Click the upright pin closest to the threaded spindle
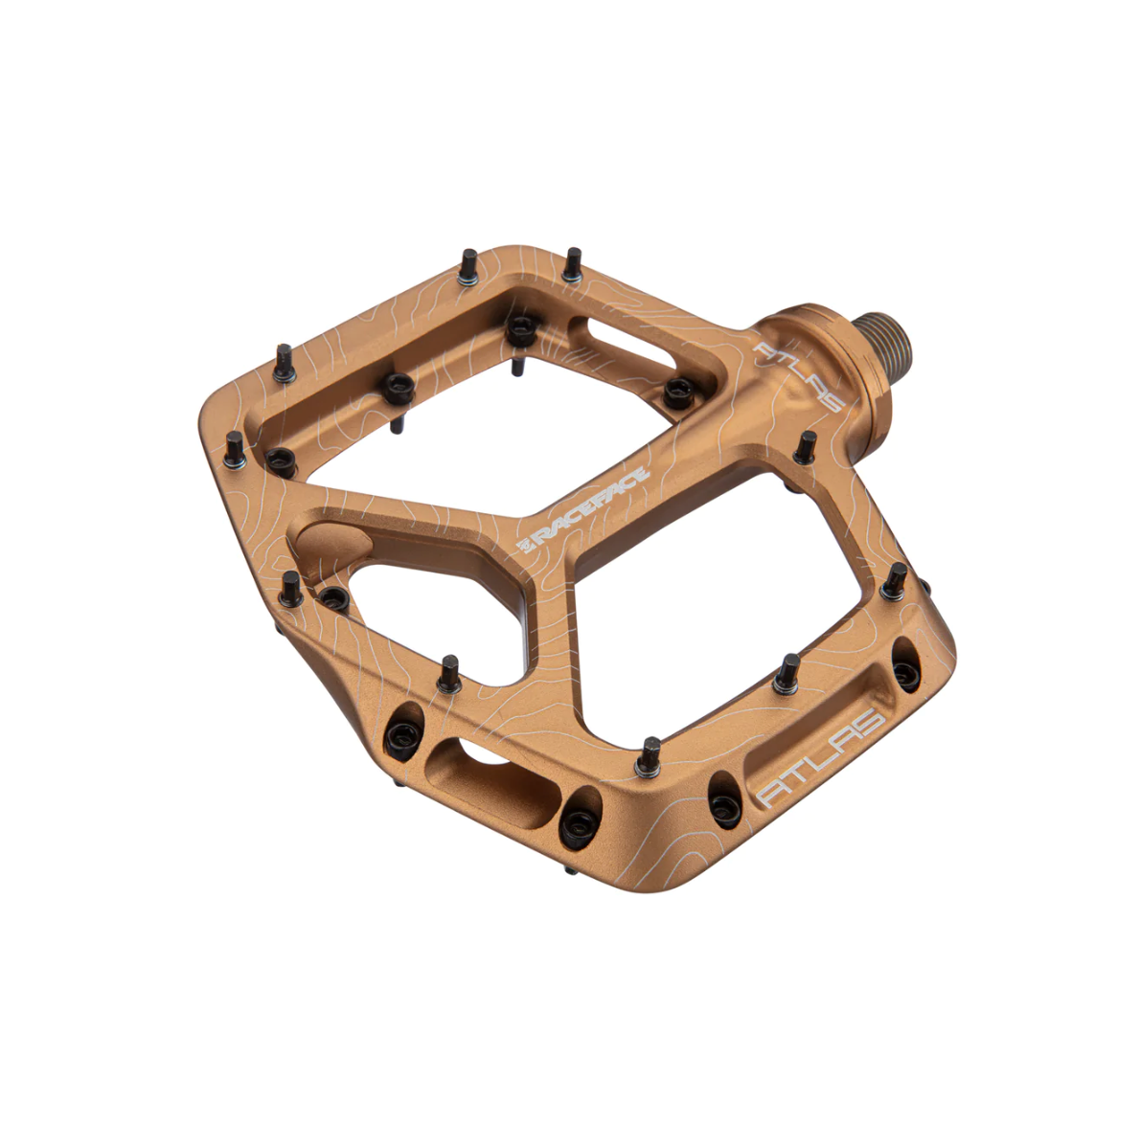(806, 447)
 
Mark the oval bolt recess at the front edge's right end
(905, 672)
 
